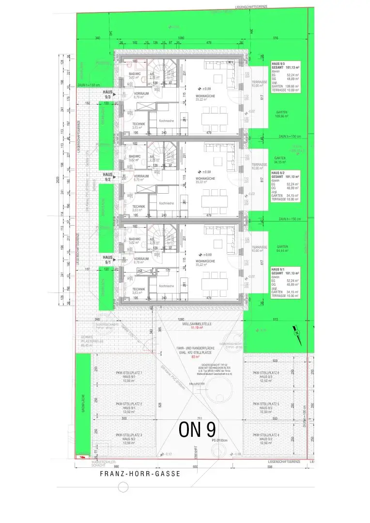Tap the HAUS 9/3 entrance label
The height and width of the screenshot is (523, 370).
[x=108, y=94]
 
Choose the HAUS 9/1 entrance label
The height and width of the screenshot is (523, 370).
[x=108, y=260]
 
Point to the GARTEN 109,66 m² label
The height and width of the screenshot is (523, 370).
[x=281, y=115]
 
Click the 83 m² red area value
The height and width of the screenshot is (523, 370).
[x=196, y=357]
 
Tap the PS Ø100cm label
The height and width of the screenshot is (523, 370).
[x=219, y=440]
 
